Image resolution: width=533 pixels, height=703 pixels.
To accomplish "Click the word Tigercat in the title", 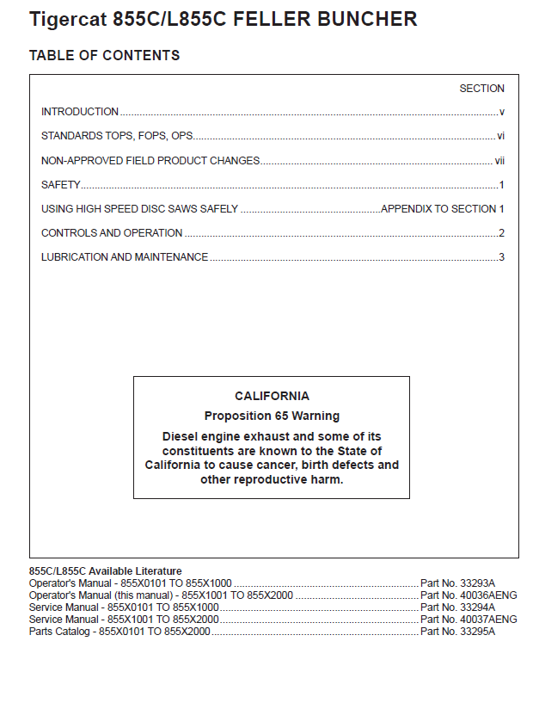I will tap(67, 19).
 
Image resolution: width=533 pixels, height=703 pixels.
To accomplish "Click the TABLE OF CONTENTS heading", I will tap(104, 56).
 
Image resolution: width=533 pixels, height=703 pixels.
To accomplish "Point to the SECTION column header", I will tap(481, 89).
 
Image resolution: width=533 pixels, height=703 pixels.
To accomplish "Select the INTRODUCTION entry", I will tap(80, 112).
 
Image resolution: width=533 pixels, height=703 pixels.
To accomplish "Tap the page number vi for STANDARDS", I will tap(500, 136).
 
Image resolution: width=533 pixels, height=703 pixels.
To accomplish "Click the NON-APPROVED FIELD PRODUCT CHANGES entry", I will tap(150, 161).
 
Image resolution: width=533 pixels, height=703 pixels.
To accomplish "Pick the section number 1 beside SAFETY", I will tap(501, 185).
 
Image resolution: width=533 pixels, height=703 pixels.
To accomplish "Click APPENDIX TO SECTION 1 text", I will tap(442, 209).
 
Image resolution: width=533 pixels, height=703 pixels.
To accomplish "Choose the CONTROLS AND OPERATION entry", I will tap(112, 233).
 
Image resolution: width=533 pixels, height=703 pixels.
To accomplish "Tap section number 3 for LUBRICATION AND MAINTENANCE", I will tap(501, 257).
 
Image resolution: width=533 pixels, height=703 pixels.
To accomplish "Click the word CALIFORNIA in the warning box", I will tap(272, 397).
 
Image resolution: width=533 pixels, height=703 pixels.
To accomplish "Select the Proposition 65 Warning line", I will tap(272, 416).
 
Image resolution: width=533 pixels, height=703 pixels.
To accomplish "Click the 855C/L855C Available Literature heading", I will tap(106, 570).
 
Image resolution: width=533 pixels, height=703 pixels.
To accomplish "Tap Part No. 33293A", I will tap(457, 583).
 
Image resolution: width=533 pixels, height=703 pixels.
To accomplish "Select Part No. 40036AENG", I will tap(469, 595).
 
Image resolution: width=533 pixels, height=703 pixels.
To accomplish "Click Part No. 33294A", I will tap(457, 607).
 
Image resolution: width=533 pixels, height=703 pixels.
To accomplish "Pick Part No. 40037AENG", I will tap(469, 620).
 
